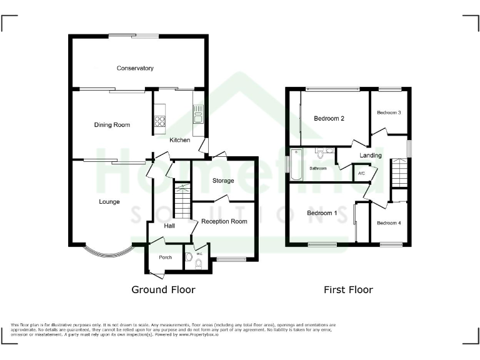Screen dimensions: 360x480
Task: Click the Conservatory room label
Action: click(x=135, y=68)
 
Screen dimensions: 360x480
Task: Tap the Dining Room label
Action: click(x=112, y=125)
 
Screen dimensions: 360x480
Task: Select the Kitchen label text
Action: click(x=179, y=140)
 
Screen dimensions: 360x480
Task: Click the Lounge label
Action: click(x=109, y=202)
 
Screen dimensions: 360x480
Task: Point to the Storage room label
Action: click(x=222, y=181)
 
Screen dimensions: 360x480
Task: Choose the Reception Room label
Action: click(x=224, y=221)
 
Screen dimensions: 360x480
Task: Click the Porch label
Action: click(x=165, y=257)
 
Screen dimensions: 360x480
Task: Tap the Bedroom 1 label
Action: click(x=322, y=213)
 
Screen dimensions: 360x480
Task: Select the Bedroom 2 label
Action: click(x=329, y=118)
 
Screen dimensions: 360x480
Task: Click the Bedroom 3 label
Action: click(x=389, y=112)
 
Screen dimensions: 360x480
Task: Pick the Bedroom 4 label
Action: click(x=389, y=223)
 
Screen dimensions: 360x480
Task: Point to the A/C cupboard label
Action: click(x=361, y=174)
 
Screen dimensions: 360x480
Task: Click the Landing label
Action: click(x=371, y=155)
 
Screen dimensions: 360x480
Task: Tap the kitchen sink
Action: click(x=198, y=114)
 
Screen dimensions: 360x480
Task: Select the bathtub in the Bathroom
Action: click(x=297, y=164)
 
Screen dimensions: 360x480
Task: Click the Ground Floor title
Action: click(x=163, y=289)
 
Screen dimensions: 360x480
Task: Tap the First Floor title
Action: click(x=348, y=289)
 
